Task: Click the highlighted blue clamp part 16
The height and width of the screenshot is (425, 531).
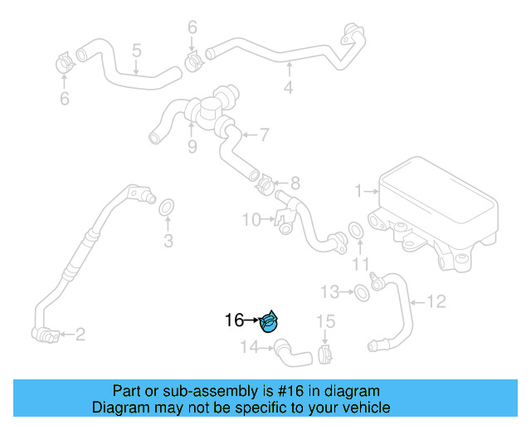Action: pyautogui.click(x=270, y=321)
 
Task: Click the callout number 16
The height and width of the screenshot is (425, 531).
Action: pyautogui.click(x=234, y=320)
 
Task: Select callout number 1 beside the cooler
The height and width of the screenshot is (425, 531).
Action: pyautogui.click(x=359, y=192)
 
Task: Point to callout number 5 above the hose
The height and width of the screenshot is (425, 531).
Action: pyautogui.click(x=137, y=51)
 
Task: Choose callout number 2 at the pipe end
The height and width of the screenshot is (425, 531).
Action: pyautogui.click(x=80, y=335)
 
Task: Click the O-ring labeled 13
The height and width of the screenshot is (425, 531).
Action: pyautogui.click(x=363, y=291)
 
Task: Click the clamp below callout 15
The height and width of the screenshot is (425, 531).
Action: pyautogui.click(x=325, y=355)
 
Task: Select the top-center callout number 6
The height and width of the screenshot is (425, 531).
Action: pyautogui.click(x=192, y=28)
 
